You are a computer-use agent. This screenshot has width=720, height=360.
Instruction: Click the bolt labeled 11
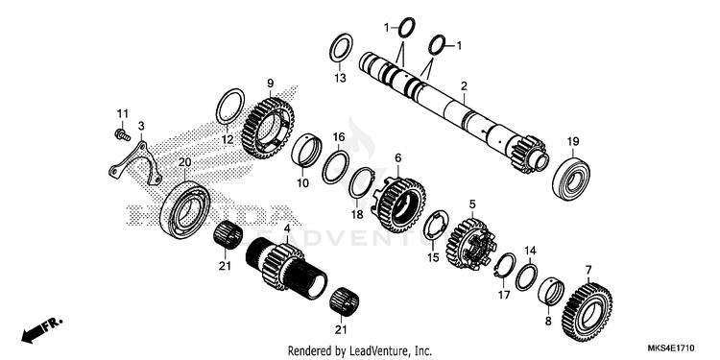122,135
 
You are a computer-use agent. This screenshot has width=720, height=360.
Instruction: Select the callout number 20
184,161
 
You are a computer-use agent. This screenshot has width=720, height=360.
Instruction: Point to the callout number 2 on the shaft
465,85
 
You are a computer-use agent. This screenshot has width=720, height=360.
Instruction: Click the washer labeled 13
341,47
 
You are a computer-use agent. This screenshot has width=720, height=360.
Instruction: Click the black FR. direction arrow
41,330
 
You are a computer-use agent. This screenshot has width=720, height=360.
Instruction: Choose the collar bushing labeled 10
306,149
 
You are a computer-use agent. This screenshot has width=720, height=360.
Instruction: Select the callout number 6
397,158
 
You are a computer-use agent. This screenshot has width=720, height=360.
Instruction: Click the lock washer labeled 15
436,226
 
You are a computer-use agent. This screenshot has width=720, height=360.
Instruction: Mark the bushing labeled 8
554,293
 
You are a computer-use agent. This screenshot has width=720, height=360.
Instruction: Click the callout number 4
287,228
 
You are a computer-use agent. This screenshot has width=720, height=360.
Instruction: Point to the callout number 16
339,137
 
